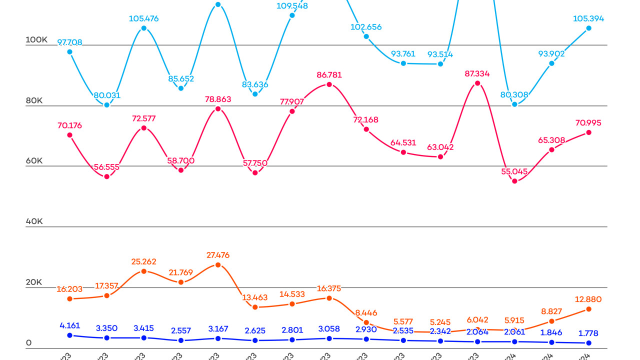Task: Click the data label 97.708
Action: [69, 42]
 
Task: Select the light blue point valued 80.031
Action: [106, 105]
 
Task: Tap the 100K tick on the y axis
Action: [36, 39]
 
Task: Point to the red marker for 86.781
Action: [329, 84]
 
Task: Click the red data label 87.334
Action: [477, 73]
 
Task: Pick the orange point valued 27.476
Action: [218, 264]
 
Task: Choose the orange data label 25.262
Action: [143, 261]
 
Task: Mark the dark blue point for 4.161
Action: [69, 335]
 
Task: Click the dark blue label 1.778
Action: [588, 333]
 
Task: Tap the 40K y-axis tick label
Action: [34, 221]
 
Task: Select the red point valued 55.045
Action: [514, 181]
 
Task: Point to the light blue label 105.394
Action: [588, 19]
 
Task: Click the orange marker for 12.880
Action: [588, 309]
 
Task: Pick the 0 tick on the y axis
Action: [28, 343]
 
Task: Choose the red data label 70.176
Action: [69, 125]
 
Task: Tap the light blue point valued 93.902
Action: [551, 63]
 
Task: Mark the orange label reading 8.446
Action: [366, 313]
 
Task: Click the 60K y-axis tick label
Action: [34, 160]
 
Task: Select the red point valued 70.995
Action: [588, 132]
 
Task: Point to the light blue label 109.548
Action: [292, 6]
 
